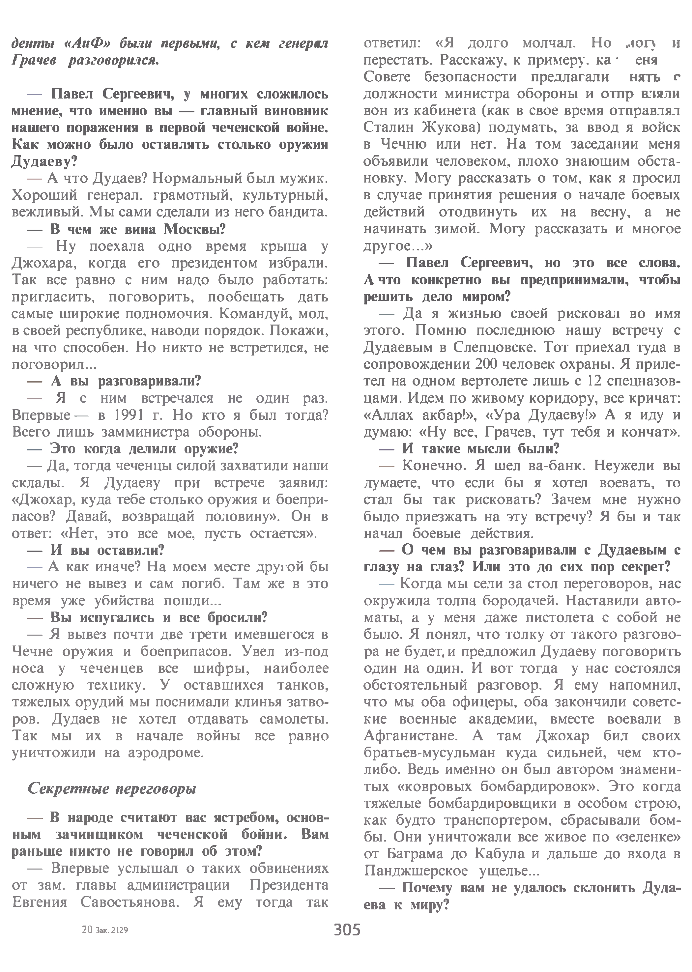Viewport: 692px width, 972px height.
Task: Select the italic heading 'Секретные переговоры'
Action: (x=112, y=789)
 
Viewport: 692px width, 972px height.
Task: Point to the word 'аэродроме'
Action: (x=166, y=753)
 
